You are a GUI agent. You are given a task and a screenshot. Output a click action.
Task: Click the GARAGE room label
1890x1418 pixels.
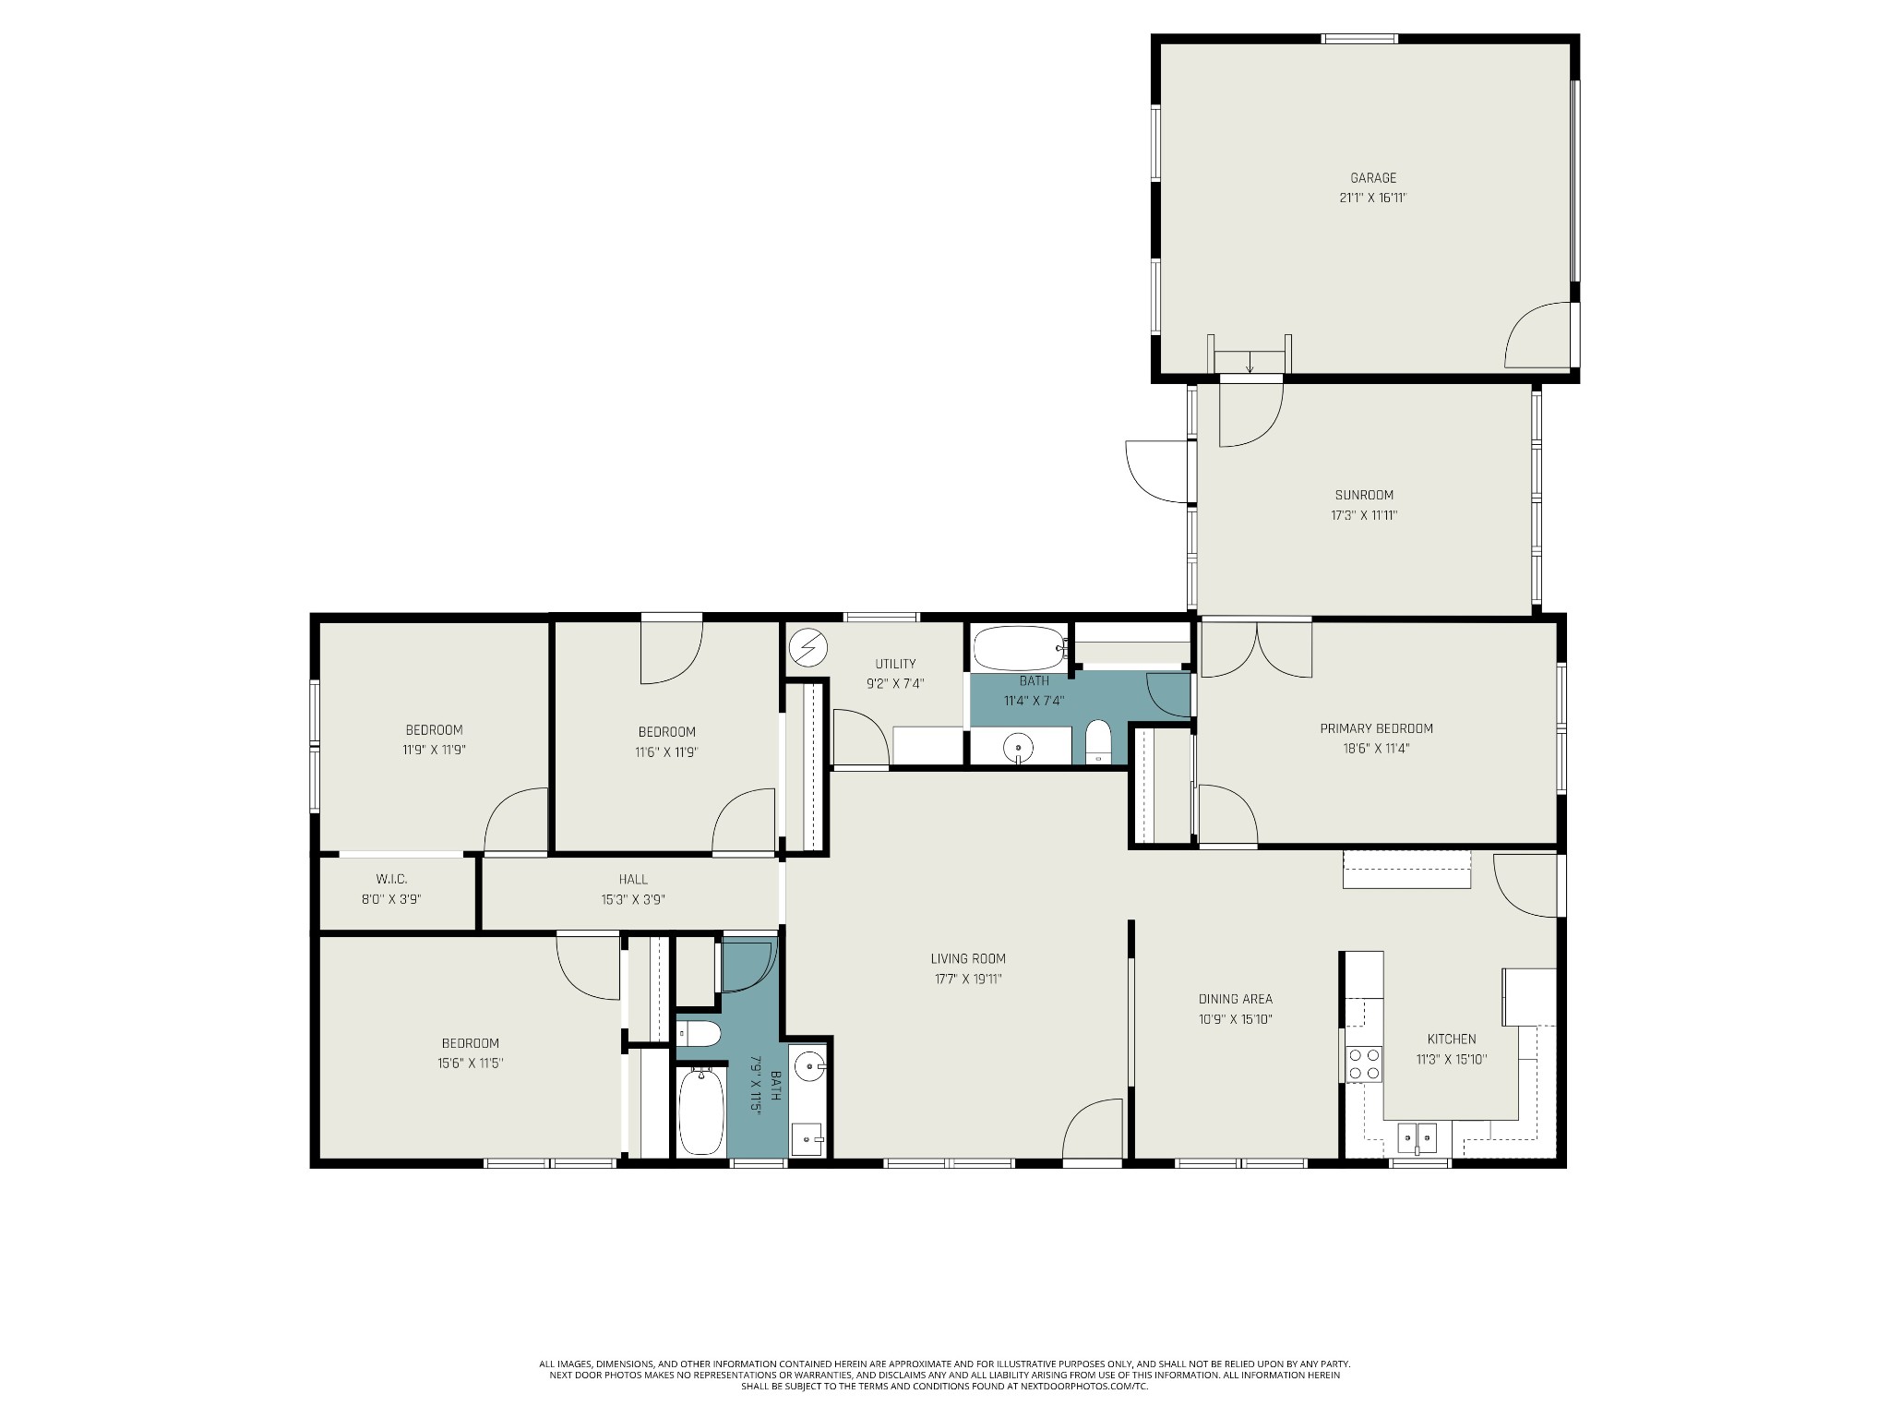click(1373, 178)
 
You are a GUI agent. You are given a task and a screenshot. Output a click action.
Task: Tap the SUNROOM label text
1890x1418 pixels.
click(1364, 495)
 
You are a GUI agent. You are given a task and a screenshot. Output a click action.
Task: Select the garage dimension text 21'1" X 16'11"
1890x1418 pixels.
click(1373, 198)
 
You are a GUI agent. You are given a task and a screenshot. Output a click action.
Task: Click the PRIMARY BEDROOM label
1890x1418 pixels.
click(1376, 728)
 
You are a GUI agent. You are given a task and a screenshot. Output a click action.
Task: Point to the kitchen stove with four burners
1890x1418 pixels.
click(1364, 1063)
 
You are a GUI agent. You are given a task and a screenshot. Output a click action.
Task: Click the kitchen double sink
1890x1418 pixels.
click(1417, 1137)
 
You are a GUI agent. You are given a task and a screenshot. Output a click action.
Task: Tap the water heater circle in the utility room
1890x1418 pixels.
click(808, 647)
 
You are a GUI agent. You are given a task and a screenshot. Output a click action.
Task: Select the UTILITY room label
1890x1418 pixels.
click(895, 664)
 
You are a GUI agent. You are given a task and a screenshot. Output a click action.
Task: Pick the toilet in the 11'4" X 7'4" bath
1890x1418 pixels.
click(1097, 741)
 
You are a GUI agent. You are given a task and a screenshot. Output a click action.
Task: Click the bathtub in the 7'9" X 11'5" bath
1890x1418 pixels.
click(702, 1111)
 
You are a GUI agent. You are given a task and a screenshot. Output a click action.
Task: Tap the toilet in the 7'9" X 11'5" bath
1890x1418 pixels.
click(699, 1034)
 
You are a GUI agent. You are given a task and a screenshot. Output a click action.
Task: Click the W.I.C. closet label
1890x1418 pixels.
click(391, 879)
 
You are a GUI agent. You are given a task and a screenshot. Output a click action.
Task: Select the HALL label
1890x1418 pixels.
click(633, 880)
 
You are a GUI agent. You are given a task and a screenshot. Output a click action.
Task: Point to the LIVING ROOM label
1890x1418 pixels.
click(968, 958)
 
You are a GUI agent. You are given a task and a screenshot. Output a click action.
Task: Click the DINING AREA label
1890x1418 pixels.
click(1235, 999)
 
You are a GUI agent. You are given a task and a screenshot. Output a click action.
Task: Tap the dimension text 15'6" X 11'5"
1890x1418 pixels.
click(470, 1063)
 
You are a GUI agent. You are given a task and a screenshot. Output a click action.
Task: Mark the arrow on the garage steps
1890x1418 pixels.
click(1250, 362)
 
